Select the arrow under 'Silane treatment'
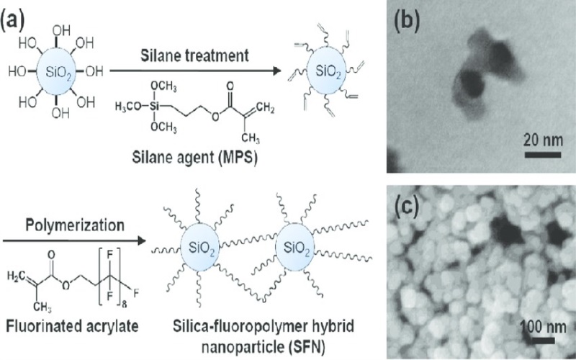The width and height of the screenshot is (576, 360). (x=195, y=71)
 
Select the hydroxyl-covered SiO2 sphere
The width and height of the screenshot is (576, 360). (x=60, y=71)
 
